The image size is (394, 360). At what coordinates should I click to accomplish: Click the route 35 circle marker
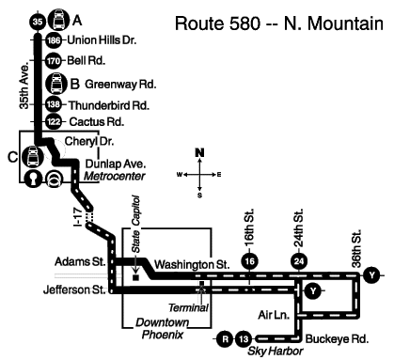[x=38, y=22]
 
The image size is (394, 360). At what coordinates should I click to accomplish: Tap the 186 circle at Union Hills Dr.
[x=54, y=40]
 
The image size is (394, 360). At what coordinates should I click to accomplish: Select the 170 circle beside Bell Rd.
[x=54, y=61]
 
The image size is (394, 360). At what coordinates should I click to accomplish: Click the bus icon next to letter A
[x=59, y=20]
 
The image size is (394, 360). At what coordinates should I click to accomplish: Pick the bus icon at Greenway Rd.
[x=56, y=84]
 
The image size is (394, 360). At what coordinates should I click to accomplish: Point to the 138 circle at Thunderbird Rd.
[x=54, y=104]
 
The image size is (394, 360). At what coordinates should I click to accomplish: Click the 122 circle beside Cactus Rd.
[x=54, y=121]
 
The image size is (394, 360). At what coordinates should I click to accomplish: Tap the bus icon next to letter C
[x=34, y=156]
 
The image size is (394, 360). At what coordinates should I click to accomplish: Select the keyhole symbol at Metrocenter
[x=33, y=179]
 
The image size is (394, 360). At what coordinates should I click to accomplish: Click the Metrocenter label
[x=115, y=176]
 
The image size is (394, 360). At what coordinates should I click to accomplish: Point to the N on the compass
[x=199, y=152]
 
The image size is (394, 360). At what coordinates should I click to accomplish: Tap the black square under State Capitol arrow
[x=135, y=277]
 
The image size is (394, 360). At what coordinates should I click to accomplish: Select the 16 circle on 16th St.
[x=250, y=261]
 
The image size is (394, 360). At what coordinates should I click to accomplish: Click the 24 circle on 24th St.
[x=299, y=261]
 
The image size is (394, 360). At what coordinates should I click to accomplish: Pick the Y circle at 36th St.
[x=371, y=275]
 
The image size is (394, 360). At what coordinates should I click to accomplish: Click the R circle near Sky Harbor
[x=225, y=339]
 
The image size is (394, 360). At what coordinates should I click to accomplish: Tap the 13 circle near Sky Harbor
[x=244, y=339]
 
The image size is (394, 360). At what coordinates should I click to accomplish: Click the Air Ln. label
[x=274, y=315]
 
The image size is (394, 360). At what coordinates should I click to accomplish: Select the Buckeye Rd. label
[x=337, y=339]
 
